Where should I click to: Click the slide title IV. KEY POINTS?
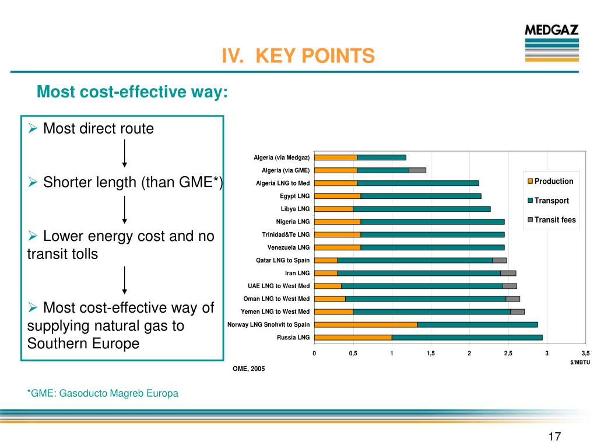pyautogui.click(x=298, y=56)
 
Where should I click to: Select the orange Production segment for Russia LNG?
pyautogui.click(x=353, y=337)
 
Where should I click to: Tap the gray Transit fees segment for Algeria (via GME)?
pyautogui.click(x=417, y=170)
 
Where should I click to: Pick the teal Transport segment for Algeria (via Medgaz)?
pyautogui.click(x=381, y=157)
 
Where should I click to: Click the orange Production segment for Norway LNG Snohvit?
pyautogui.click(x=366, y=324)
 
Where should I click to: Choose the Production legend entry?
pyautogui.click(x=550, y=181)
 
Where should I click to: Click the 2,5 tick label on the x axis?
pyautogui.click(x=508, y=353)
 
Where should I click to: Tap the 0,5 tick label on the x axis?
pyautogui.click(x=353, y=353)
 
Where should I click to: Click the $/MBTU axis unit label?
pyautogui.click(x=580, y=362)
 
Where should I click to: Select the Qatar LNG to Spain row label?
pyautogui.click(x=283, y=260)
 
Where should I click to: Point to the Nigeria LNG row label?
pyautogui.click(x=293, y=222)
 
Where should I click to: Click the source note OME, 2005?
pyautogui.click(x=248, y=369)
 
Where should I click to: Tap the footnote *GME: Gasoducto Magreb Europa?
pyautogui.click(x=103, y=393)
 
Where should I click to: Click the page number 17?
pyautogui.click(x=554, y=436)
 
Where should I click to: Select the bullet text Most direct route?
pyautogui.click(x=99, y=129)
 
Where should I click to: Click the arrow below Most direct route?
pyautogui.click(x=125, y=154)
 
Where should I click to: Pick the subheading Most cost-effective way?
pyautogui.click(x=132, y=92)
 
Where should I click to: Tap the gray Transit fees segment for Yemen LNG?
pyautogui.click(x=517, y=311)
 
